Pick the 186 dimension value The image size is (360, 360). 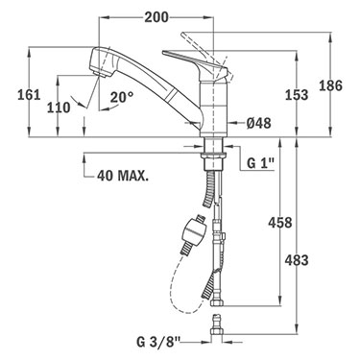[330, 86]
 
